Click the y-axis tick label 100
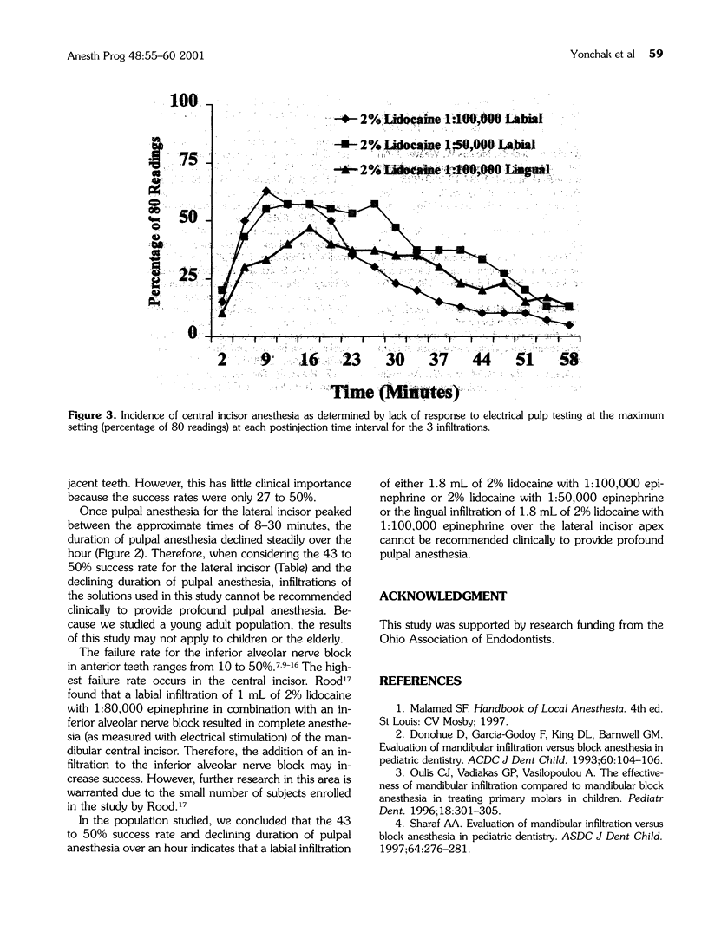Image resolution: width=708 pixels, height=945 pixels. tap(184, 101)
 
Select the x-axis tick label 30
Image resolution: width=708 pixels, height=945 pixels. tap(396, 360)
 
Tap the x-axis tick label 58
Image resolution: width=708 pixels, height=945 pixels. tap(569, 360)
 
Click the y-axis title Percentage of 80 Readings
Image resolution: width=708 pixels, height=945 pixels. tap(158, 220)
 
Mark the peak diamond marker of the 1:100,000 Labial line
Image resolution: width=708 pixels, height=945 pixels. tap(266, 191)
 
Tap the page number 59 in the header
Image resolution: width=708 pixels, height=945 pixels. tap(657, 53)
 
